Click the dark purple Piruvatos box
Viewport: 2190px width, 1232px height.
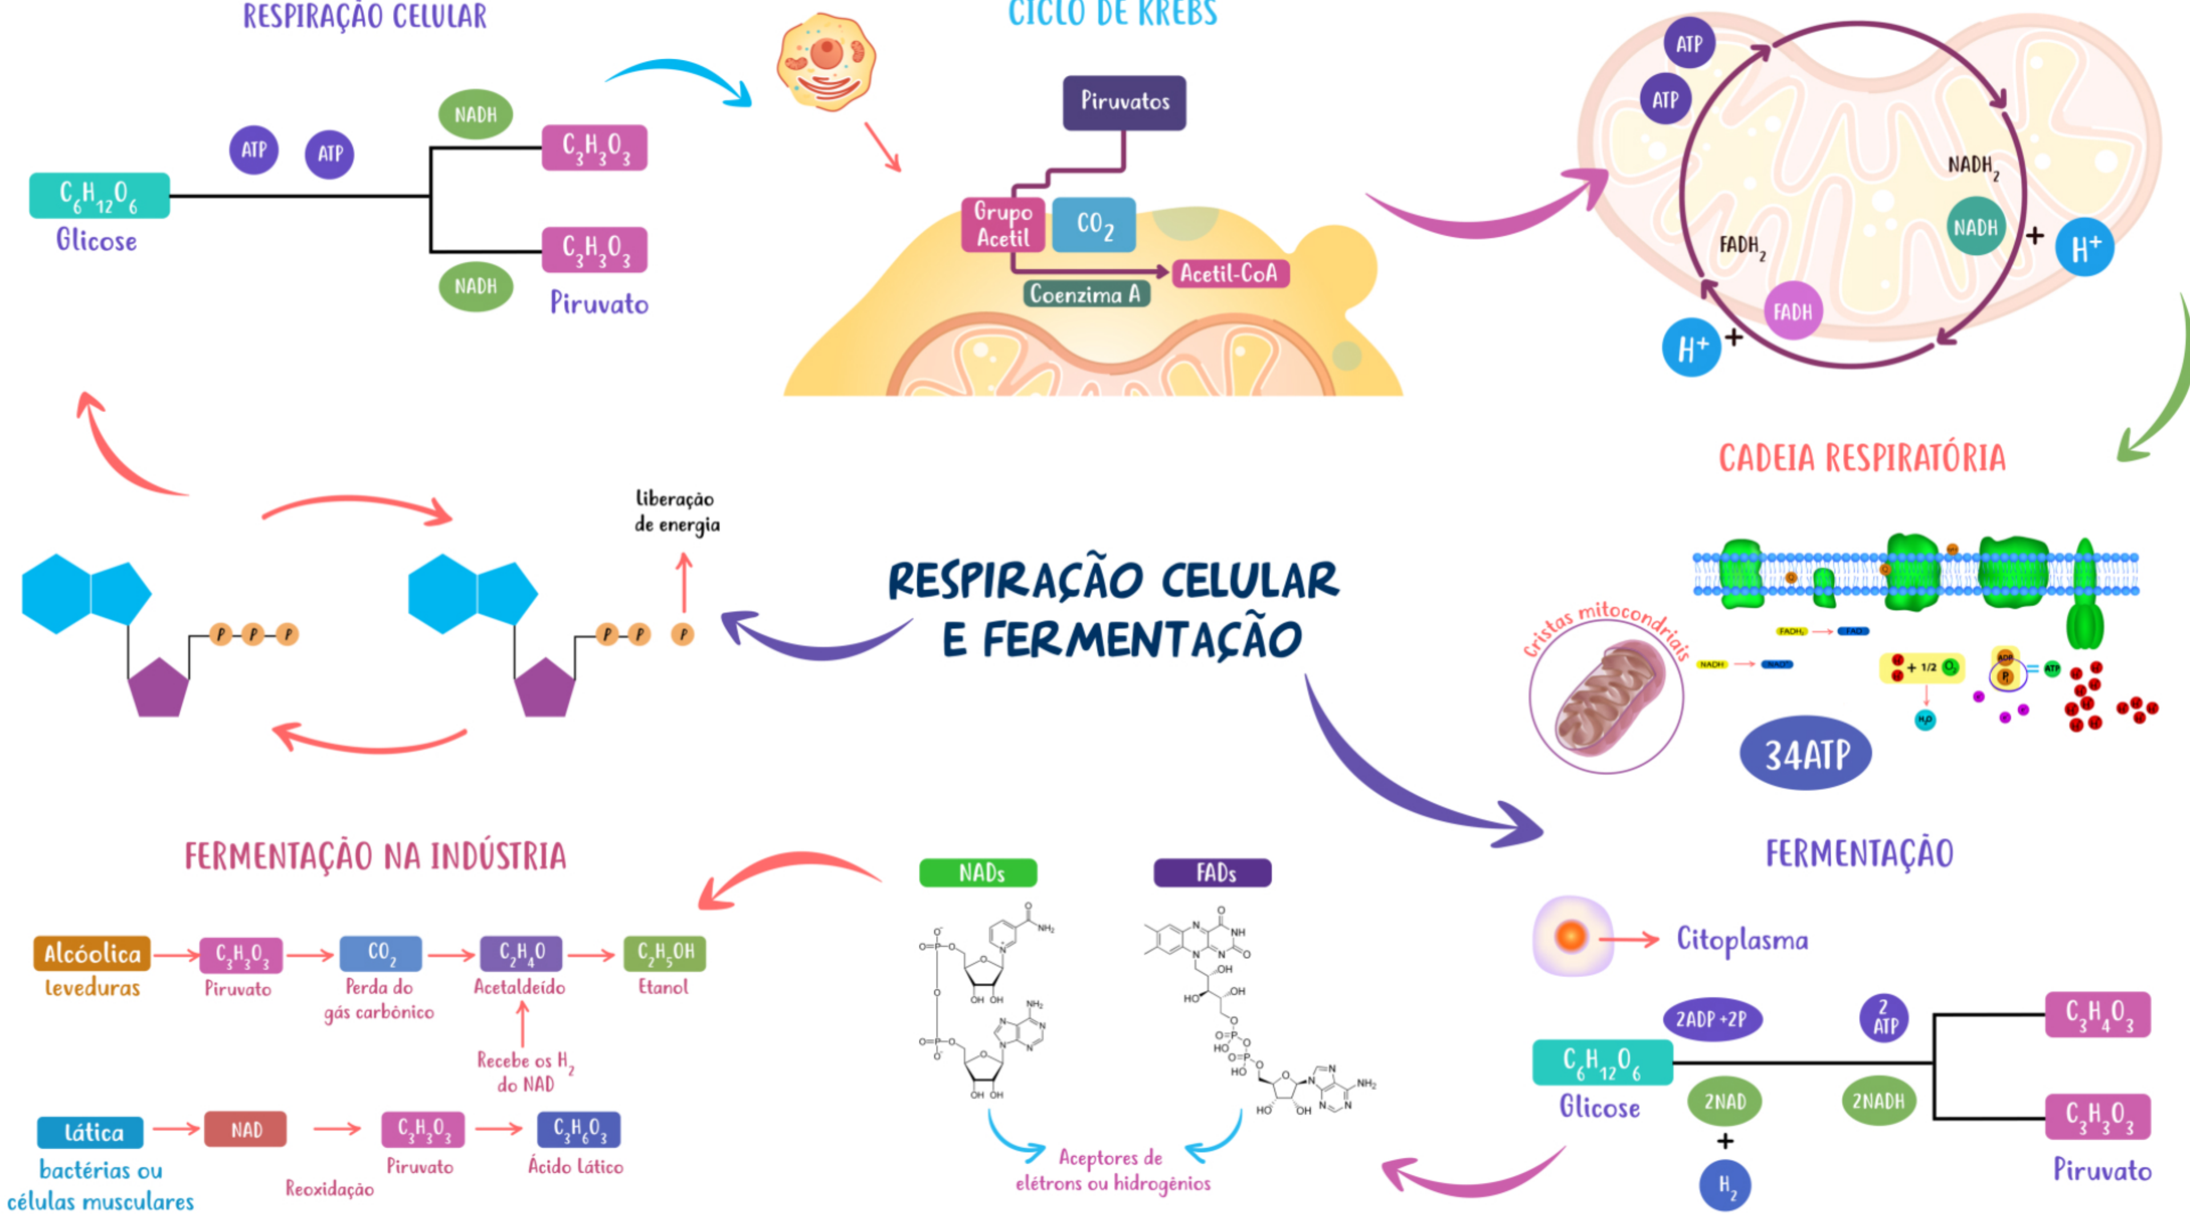pos(1124,103)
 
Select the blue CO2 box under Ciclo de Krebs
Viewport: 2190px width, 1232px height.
pos(1093,225)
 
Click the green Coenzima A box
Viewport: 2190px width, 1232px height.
pos(1086,294)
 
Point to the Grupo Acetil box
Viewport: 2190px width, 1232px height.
pos(1003,225)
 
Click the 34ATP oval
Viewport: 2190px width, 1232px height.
pos(1806,753)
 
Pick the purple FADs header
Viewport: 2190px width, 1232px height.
pos(1212,873)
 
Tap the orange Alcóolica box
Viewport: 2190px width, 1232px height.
pos(92,953)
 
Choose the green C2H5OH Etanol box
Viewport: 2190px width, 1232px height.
pos(664,953)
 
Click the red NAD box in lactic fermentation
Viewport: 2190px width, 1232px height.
pos(246,1130)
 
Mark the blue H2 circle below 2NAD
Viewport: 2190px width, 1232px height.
pos(1725,1185)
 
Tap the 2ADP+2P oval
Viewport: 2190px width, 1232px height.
pos(1712,1019)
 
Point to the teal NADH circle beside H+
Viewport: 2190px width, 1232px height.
pos(1975,227)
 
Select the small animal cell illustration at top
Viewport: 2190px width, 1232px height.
pos(825,61)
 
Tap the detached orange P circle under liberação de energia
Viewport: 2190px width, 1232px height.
pos(683,634)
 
